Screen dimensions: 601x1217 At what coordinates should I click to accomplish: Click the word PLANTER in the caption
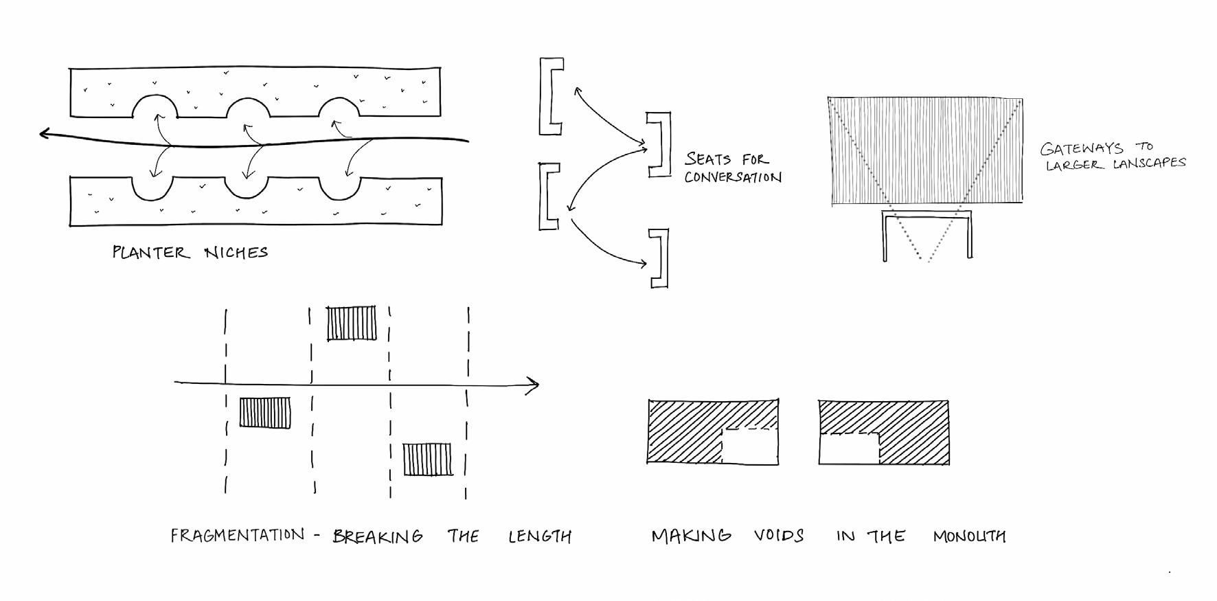[150, 252]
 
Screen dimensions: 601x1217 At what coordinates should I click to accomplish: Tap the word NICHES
[236, 252]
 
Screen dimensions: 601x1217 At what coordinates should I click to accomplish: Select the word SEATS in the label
[707, 159]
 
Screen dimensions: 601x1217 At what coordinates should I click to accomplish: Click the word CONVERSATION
[733, 177]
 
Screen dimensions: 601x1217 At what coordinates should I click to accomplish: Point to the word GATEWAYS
[1082, 148]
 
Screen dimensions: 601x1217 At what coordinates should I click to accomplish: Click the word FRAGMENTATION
[237, 535]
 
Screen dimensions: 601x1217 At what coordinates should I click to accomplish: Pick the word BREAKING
[378, 536]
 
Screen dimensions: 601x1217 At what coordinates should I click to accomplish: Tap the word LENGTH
[540, 536]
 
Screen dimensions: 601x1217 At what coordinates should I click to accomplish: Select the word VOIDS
[779, 536]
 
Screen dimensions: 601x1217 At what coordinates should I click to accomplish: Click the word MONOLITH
[969, 536]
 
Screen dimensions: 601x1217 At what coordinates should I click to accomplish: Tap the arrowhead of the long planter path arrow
[45, 133]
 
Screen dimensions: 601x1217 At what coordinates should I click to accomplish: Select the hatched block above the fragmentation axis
[352, 324]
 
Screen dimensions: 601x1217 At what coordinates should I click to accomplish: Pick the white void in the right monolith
[849, 449]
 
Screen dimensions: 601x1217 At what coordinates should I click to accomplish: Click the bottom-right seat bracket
[660, 258]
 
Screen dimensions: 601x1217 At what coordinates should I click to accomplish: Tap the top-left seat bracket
[549, 96]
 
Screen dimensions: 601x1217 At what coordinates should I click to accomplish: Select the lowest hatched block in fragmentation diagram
[427, 460]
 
